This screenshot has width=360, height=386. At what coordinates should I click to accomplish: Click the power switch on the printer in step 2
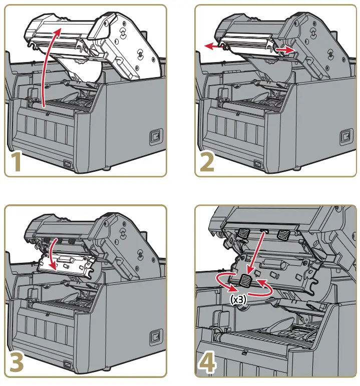(x=345, y=136)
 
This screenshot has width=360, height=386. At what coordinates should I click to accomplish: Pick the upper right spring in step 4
(x=283, y=233)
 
